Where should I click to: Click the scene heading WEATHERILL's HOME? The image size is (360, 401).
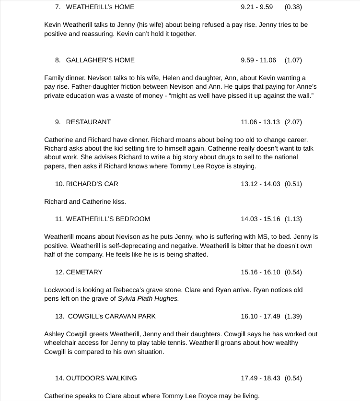(100, 7)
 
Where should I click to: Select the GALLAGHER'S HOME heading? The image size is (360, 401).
(100, 60)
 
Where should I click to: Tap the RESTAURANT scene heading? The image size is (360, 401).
(88, 122)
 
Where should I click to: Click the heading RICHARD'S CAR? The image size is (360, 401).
(92, 184)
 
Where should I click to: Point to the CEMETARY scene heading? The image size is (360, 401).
(84, 272)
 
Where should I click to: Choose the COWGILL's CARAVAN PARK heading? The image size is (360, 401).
(112, 316)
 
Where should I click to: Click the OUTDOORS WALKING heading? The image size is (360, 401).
(101, 378)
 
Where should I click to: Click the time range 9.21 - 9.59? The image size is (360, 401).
(256, 7)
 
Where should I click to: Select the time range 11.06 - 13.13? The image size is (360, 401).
(260, 122)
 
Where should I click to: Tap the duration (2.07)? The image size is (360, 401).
(293, 122)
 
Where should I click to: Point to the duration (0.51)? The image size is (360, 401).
(293, 184)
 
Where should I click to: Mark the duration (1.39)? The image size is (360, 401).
(293, 316)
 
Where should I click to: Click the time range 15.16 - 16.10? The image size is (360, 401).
(260, 272)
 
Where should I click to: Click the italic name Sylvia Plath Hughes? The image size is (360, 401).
(148, 298)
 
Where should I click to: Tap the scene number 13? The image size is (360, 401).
(58, 316)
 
